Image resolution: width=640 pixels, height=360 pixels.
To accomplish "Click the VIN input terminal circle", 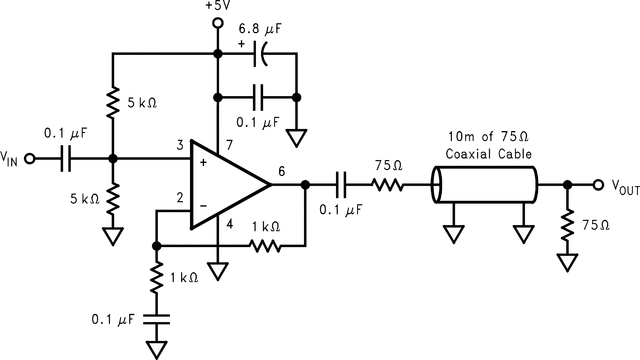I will [x=30, y=158].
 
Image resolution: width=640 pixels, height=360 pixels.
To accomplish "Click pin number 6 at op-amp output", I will [x=282, y=172].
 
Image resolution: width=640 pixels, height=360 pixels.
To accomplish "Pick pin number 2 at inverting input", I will [x=179, y=198].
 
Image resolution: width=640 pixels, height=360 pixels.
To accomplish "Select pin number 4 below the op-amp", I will [x=229, y=224].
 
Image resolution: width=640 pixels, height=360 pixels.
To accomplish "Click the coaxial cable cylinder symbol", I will [x=484, y=185].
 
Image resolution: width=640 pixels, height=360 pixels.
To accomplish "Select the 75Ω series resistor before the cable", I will [x=389, y=185].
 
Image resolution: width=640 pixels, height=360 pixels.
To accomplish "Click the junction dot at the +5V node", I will [x=216, y=51].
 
